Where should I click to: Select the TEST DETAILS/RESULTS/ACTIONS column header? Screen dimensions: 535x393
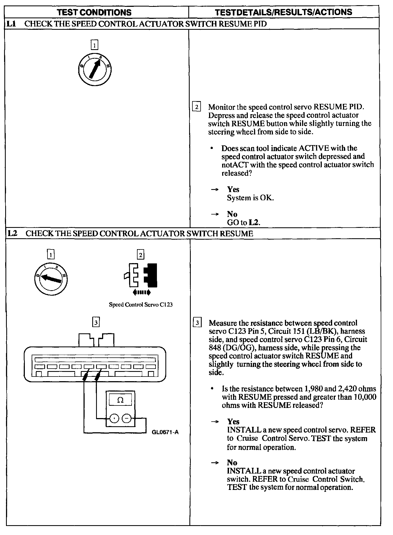(x=284, y=12)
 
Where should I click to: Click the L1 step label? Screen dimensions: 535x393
(x=11, y=24)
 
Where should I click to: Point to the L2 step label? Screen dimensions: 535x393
(x=12, y=233)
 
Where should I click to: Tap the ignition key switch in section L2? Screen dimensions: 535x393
(x=51, y=279)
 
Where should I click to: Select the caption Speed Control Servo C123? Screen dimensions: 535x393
(x=141, y=305)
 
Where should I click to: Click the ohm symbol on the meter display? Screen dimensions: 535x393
(x=120, y=401)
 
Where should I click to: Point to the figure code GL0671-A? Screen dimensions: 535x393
(x=165, y=432)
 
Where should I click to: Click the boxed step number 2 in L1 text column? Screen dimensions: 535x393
(x=196, y=106)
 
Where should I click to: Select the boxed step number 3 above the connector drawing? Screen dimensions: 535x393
(x=96, y=322)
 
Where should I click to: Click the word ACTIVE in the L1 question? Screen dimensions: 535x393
(x=314, y=148)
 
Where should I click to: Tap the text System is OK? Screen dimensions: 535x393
(x=250, y=198)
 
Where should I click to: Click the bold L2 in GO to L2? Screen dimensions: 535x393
(x=254, y=222)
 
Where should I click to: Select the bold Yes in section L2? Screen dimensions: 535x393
(x=233, y=421)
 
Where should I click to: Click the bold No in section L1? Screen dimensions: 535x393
(x=232, y=214)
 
